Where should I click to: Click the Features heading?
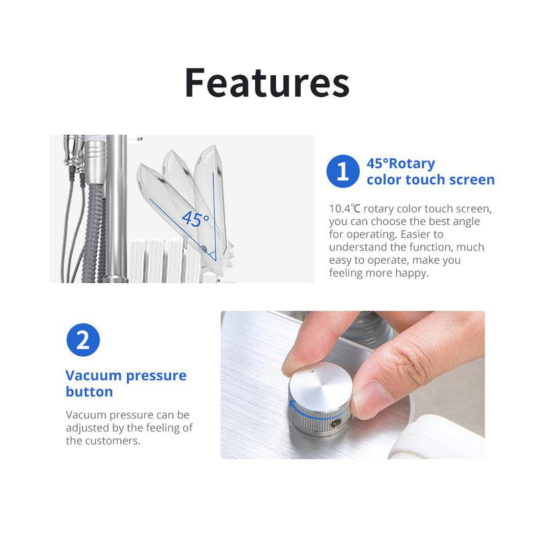click(x=267, y=83)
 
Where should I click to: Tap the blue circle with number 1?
click(x=343, y=171)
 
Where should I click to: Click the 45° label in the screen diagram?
click(x=195, y=218)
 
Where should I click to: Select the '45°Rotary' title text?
click(x=401, y=164)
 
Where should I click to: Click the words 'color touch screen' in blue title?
click(x=430, y=180)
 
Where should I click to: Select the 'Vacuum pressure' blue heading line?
click(x=126, y=375)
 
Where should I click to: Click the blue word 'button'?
click(x=89, y=392)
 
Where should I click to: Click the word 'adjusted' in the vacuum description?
click(x=87, y=428)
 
